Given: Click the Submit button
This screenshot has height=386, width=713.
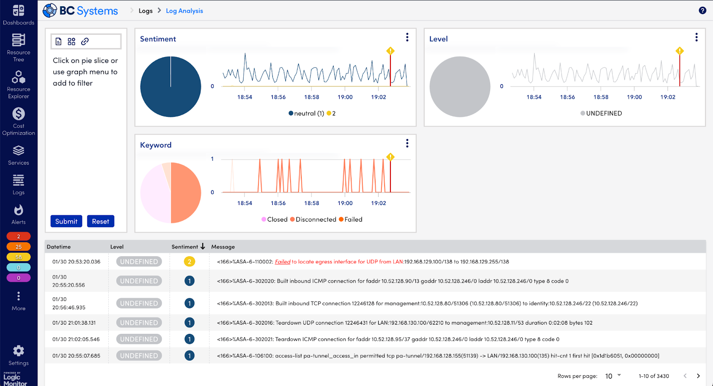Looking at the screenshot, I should (66, 222).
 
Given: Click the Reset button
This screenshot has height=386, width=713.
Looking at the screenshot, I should (100, 222).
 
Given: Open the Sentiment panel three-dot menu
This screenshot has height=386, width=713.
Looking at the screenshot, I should (407, 37).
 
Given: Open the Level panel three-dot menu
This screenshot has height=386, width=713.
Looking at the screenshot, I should (696, 37).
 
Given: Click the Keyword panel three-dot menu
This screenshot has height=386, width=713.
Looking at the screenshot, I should (407, 144).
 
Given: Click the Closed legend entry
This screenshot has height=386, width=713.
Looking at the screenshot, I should (275, 219).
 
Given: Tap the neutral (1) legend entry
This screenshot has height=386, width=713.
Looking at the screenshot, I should (307, 113).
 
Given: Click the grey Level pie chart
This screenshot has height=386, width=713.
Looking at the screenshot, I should (459, 86).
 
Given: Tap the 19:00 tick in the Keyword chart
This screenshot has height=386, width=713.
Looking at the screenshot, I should (345, 203).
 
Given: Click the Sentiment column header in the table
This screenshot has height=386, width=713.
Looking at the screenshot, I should (185, 246).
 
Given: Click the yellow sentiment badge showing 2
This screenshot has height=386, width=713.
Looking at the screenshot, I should (189, 262).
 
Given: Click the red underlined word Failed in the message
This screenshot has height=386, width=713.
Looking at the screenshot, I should (283, 262).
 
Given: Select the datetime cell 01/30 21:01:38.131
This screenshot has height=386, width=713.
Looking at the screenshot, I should (74, 323).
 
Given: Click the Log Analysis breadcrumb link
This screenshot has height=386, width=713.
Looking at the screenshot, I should (184, 11).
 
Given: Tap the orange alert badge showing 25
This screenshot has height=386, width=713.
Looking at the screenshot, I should (18, 246).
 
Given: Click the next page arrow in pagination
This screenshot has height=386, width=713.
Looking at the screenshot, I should (698, 376).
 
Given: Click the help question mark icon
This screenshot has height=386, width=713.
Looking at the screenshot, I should (702, 10).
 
